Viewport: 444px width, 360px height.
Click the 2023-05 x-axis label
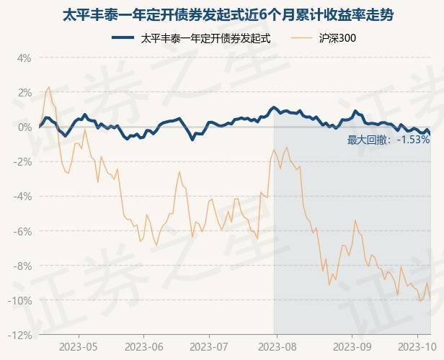80,347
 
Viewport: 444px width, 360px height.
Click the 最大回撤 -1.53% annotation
388,140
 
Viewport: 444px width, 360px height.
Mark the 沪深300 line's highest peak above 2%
49,87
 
